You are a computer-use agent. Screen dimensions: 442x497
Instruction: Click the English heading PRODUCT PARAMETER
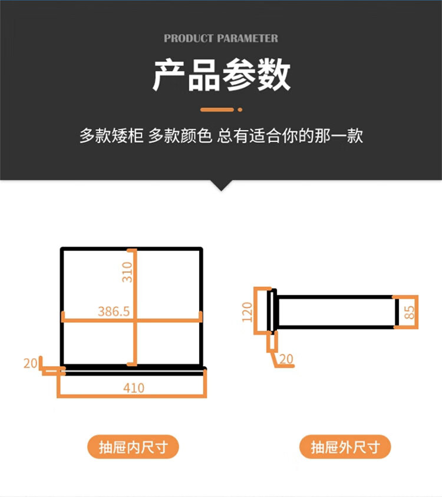(x=221, y=38)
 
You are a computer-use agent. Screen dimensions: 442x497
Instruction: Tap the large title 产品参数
(x=222, y=75)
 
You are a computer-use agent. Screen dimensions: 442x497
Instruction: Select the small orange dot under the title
(x=240, y=110)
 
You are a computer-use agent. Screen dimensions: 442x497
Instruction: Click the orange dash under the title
(x=217, y=110)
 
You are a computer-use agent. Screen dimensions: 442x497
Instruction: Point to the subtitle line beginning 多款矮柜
(x=221, y=135)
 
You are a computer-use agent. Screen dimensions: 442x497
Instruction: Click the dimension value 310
(x=127, y=272)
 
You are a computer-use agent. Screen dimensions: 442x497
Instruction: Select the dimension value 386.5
(x=114, y=312)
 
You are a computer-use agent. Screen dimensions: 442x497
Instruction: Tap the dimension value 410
(x=134, y=387)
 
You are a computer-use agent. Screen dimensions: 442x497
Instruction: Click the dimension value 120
(x=247, y=312)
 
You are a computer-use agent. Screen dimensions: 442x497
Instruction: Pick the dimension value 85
(x=410, y=312)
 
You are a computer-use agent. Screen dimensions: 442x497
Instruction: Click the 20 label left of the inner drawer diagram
(x=30, y=363)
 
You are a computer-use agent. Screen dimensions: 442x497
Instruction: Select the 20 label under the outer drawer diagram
(x=286, y=359)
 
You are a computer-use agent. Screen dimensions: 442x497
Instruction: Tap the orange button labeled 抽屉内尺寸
(x=133, y=447)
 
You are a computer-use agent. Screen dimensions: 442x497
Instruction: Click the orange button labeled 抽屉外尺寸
(x=345, y=447)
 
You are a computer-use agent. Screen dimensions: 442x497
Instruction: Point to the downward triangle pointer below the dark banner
(x=222, y=185)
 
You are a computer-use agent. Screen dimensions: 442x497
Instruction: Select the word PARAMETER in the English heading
(x=248, y=38)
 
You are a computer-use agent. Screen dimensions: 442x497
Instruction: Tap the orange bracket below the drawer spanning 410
(x=132, y=396)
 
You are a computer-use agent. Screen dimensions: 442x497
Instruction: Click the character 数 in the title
(x=274, y=75)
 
